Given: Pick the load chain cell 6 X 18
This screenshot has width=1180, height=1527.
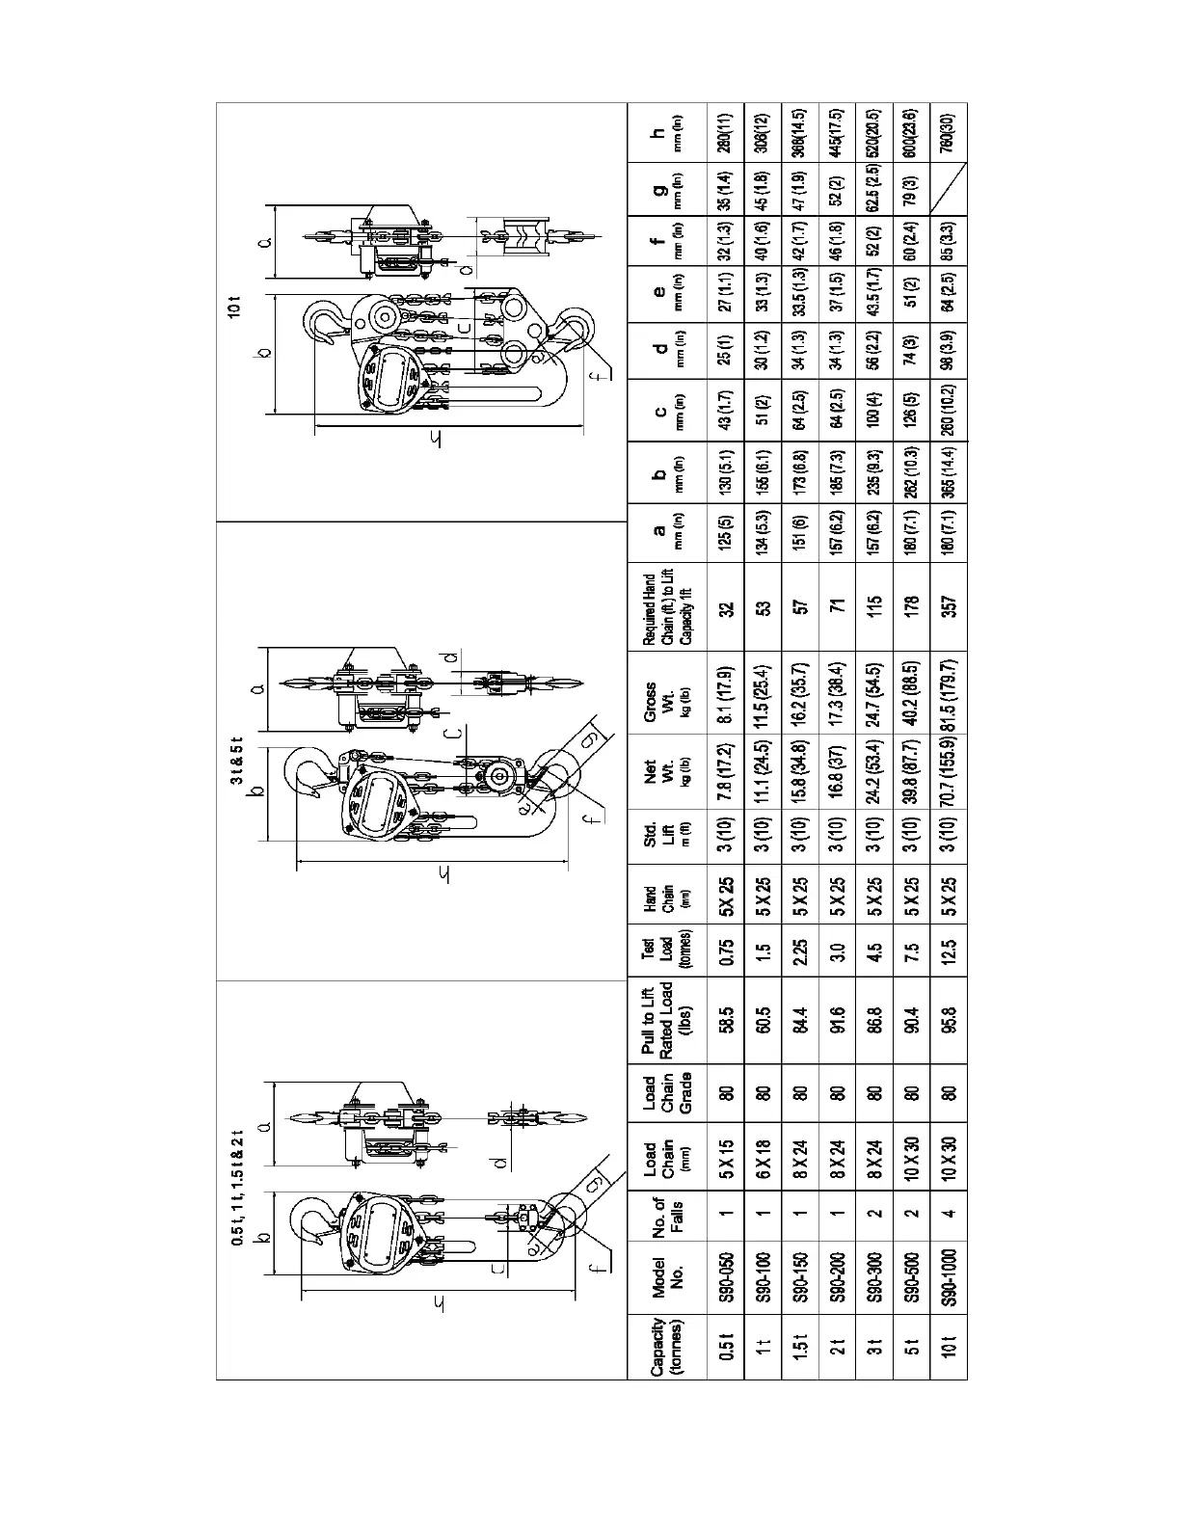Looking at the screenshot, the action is pos(764,1151).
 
